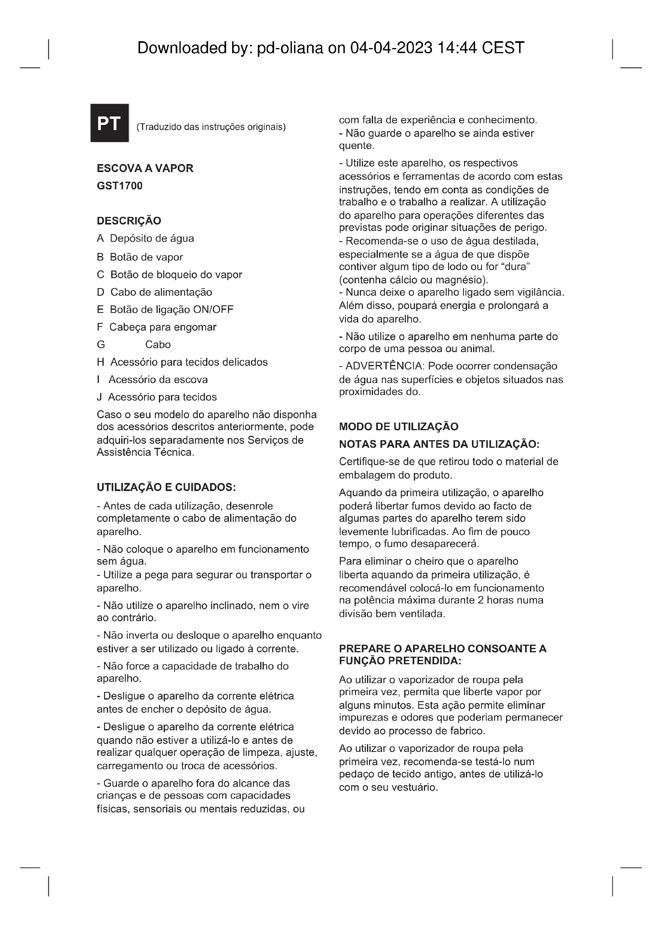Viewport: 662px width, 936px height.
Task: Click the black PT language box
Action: pyautogui.click(x=109, y=123)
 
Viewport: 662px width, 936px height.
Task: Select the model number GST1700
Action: pyautogui.click(x=119, y=186)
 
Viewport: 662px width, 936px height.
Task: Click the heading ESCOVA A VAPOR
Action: pyautogui.click(x=145, y=168)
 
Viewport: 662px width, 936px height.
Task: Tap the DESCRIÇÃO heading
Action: pyautogui.click(x=129, y=221)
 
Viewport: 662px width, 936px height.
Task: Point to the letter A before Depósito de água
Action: pyautogui.click(x=100, y=239)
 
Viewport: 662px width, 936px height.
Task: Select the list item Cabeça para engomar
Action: pyautogui.click(x=162, y=327)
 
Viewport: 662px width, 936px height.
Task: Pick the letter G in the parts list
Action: pyautogui.click(x=101, y=345)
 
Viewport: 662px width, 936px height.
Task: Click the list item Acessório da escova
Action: pyautogui.click(x=158, y=379)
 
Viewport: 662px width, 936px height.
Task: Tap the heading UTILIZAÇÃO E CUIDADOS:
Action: pyautogui.click(x=167, y=487)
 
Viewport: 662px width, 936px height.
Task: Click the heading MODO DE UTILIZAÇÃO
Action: pyautogui.click(x=398, y=427)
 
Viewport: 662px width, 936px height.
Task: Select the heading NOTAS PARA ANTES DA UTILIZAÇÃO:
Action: pyautogui.click(x=439, y=444)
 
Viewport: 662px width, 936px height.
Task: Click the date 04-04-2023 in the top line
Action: pyautogui.click(x=391, y=48)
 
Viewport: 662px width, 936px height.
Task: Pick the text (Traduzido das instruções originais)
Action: pyautogui.click(x=211, y=127)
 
